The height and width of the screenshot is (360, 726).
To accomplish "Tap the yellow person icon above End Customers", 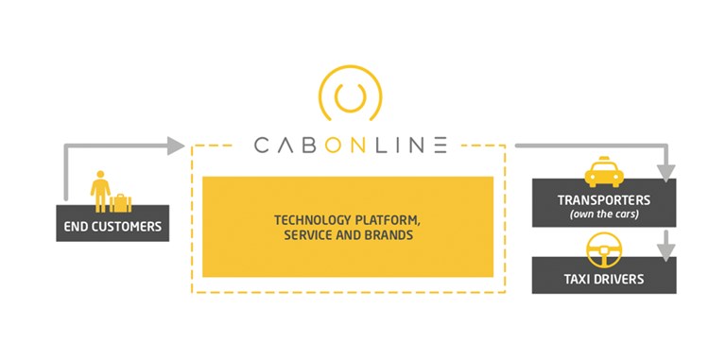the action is (99, 189).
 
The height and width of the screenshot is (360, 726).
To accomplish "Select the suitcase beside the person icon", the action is (120, 202).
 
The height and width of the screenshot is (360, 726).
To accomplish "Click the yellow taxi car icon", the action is (603, 173).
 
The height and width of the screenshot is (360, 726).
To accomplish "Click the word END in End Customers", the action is (76, 227).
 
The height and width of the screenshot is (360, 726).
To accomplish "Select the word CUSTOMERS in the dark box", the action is (126, 227).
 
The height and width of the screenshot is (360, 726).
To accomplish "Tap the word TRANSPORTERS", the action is (604, 200).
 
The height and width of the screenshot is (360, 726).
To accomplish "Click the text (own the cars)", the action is (604, 215).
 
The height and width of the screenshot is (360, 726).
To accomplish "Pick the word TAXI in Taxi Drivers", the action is (579, 279).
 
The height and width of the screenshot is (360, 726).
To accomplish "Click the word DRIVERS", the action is (621, 279).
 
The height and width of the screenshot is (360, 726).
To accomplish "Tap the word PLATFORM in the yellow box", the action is (386, 219).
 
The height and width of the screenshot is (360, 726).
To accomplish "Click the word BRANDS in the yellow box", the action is (389, 235).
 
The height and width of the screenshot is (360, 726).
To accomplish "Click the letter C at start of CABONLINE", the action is (263, 146).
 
